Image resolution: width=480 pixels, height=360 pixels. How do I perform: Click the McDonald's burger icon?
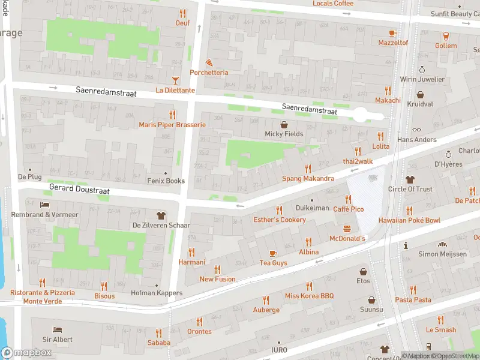click(347, 229)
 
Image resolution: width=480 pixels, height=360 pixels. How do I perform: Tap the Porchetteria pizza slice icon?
click(209, 62)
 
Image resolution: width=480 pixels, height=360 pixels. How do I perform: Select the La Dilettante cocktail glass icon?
click(175, 80)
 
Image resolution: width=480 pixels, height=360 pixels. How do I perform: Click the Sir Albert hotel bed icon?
click(57, 329)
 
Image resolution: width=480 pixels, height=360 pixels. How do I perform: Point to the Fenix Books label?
click(166, 181)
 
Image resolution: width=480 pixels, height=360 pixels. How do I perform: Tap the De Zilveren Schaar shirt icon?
click(161, 215)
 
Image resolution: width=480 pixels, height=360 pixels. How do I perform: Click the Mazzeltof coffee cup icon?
click(393, 32)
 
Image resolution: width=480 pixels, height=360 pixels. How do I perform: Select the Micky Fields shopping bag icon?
click(284, 124)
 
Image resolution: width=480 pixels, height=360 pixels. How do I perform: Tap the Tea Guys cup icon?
click(273, 253)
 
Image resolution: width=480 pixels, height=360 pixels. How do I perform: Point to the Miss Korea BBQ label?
click(309, 296)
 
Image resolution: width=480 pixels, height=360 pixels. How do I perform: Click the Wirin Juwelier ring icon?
click(422, 70)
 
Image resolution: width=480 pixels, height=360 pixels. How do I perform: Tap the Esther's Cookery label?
click(279, 220)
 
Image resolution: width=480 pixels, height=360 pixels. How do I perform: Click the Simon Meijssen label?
click(442, 254)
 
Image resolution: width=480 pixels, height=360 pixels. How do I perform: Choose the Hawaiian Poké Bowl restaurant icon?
click(409, 210)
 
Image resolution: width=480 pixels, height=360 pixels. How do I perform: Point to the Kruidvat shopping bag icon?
click(420, 95)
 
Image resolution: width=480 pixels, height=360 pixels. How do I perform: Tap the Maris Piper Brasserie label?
click(172, 125)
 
